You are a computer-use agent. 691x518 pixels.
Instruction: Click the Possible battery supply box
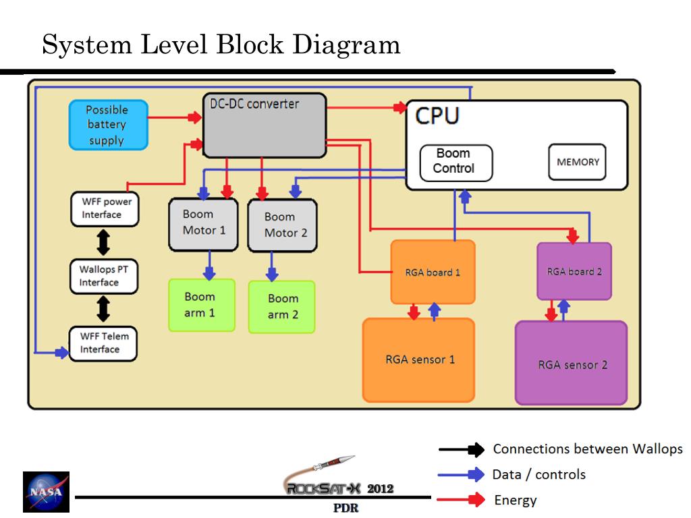click(x=109, y=125)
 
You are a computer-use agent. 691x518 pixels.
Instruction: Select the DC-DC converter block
click(x=265, y=125)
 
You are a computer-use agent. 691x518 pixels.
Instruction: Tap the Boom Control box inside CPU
click(x=456, y=163)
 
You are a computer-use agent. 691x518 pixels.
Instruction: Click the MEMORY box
click(x=578, y=162)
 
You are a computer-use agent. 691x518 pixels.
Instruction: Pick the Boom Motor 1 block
click(x=204, y=225)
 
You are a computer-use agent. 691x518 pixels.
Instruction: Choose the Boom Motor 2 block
click(x=283, y=225)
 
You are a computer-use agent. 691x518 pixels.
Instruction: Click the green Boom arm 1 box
click(x=202, y=305)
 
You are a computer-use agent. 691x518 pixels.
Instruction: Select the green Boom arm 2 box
click(x=281, y=307)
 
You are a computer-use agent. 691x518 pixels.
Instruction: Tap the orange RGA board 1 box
click(x=433, y=272)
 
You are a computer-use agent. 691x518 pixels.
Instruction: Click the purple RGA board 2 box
click(x=574, y=271)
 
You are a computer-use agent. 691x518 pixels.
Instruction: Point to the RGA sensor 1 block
click(x=418, y=360)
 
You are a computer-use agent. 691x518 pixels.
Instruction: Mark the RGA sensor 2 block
click(x=571, y=363)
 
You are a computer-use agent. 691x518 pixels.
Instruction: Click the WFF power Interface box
click(x=105, y=209)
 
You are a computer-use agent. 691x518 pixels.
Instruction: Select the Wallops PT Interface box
click(x=104, y=276)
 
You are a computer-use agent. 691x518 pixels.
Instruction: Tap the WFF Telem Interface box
click(x=103, y=344)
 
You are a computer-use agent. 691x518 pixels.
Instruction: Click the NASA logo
click(x=47, y=492)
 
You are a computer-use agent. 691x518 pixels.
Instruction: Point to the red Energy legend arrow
click(x=461, y=500)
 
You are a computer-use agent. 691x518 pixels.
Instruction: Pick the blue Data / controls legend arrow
click(x=461, y=474)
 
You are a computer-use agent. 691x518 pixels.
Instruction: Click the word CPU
click(x=437, y=116)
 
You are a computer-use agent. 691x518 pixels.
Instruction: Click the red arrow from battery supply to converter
click(x=175, y=117)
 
